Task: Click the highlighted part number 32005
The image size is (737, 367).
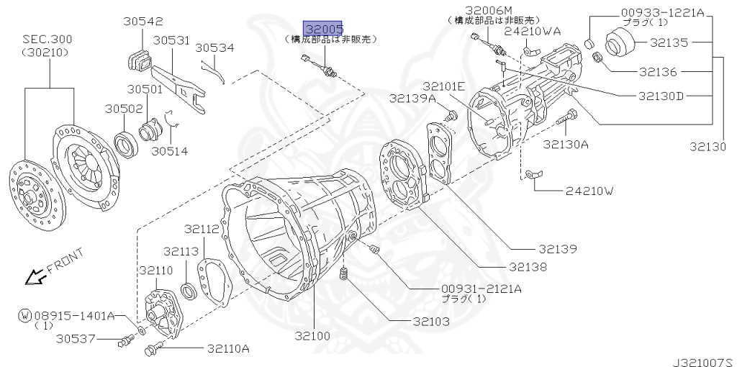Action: click(x=323, y=29)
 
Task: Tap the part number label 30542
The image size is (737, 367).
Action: click(x=143, y=21)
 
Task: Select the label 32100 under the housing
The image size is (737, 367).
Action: click(x=312, y=336)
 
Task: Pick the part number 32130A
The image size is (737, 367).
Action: click(x=566, y=144)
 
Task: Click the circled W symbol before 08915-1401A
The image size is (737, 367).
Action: click(x=25, y=315)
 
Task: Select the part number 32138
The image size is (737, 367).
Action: click(x=528, y=268)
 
